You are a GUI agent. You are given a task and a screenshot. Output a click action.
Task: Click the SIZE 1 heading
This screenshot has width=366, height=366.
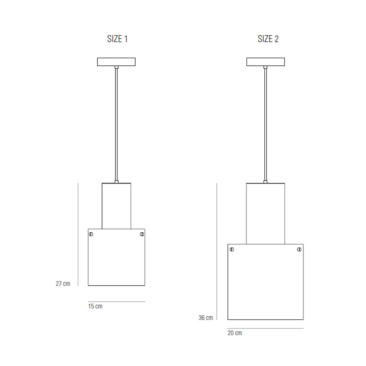pyautogui.click(x=117, y=39)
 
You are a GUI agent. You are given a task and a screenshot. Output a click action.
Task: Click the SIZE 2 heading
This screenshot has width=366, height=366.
pyautogui.click(x=268, y=39)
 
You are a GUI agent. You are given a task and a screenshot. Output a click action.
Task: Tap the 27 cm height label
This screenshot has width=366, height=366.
pyautogui.click(x=63, y=284)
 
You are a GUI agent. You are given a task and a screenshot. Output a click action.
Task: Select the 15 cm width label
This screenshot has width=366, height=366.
pyautogui.click(x=95, y=306)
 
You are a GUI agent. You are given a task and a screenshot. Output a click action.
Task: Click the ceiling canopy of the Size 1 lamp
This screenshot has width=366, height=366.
pyautogui.click(x=116, y=62)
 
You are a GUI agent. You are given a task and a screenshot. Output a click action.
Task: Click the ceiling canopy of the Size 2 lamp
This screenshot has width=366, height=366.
pyautogui.click(x=266, y=62)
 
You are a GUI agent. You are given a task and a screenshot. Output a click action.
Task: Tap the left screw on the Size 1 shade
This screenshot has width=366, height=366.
pyautogui.click(x=91, y=234)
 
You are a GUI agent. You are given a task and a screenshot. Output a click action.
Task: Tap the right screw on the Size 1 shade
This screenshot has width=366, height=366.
pyautogui.click(x=142, y=234)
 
